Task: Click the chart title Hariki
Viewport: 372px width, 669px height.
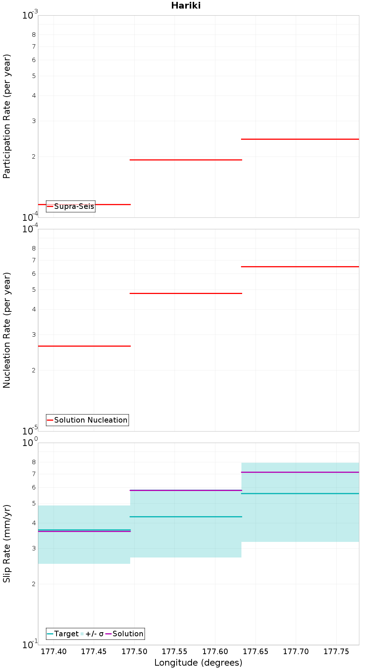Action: (x=186, y=6)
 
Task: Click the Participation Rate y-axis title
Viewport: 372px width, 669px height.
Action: (x=7, y=116)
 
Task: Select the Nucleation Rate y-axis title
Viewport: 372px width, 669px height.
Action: (x=7, y=330)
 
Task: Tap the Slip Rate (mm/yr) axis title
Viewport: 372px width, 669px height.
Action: (x=7, y=543)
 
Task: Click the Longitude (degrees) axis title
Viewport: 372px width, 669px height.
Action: (x=198, y=662)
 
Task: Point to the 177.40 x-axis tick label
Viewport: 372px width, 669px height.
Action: (x=54, y=651)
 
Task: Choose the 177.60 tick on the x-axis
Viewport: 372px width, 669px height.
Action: (x=215, y=651)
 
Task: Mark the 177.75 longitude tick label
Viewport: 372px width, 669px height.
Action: (x=336, y=651)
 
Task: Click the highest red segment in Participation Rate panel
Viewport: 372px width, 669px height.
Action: (x=300, y=139)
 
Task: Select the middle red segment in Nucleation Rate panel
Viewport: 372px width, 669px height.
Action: (x=186, y=293)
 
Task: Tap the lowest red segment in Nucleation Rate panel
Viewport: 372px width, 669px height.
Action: (x=84, y=346)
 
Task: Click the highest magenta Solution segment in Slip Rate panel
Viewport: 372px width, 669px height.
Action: (x=300, y=472)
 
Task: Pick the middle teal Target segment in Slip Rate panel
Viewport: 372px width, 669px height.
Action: (x=186, y=517)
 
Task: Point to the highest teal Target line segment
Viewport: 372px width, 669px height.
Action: (x=300, y=493)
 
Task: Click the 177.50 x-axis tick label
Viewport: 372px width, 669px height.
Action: (x=134, y=651)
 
